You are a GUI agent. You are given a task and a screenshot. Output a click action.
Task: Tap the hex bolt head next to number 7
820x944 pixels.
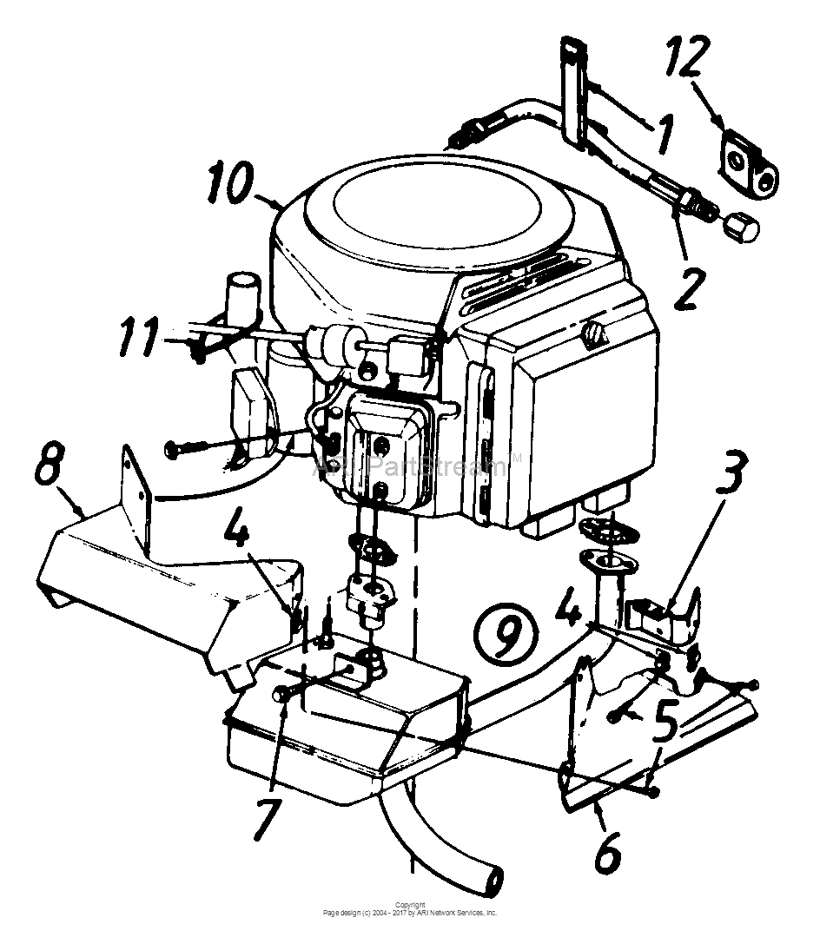pyautogui.click(x=281, y=694)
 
